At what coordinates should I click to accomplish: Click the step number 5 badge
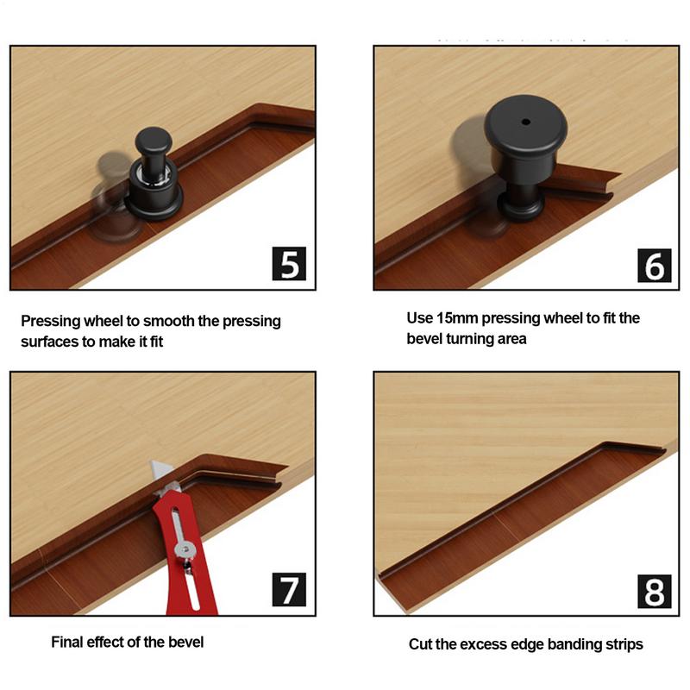point(289,262)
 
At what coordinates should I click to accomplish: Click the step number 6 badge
point(655,264)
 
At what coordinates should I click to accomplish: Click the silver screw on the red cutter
point(184,549)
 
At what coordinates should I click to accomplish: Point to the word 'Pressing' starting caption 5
point(51,321)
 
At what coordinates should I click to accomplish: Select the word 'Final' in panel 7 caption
point(68,642)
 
